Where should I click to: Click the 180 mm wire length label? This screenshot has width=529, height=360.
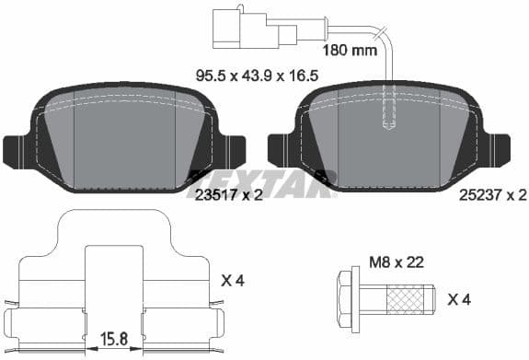coord(351,51)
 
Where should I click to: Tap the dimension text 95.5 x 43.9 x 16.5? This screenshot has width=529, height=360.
coord(258,76)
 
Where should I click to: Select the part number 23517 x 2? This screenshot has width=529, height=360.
coord(230,195)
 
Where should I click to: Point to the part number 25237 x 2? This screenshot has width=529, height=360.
coord(493,195)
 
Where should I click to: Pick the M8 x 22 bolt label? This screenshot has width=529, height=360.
coord(396,262)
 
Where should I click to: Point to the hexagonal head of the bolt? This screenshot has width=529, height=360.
coord(350,298)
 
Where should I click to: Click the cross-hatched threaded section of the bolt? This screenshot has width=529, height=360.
coord(408,299)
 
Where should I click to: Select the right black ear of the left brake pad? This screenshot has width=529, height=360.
coord(231,149)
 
